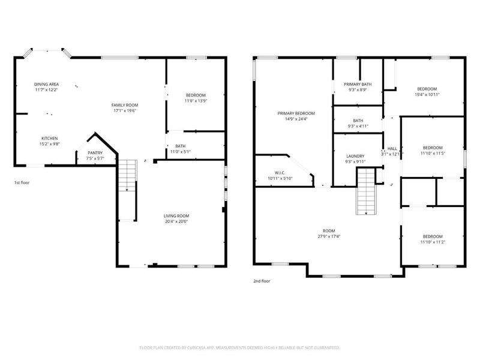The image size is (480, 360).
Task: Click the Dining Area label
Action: click(x=47, y=84)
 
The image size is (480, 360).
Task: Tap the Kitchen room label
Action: click(x=50, y=139)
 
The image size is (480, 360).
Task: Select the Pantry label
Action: click(x=95, y=153)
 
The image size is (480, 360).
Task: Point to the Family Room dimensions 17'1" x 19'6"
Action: click(x=125, y=111)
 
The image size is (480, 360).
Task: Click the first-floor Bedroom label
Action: click(x=196, y=95)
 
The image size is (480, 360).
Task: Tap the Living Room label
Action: click(x=176, y=216)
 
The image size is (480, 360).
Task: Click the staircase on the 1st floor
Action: click(x=127, y=175)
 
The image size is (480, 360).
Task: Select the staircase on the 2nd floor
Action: click(x=366, y=191)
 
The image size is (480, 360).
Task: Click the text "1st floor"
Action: click(x=22, y=183)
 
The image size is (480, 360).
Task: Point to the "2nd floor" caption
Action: click(x=262, y=281)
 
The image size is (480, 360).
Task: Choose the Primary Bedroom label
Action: click(x=296, y=113)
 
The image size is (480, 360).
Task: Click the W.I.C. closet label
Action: click(x=280, y=173)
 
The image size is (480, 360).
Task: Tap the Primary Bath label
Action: click(x=358, y=85)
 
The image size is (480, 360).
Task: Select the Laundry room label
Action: click(x=355, y=156)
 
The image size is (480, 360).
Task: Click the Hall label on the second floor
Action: click(x=392, y=149)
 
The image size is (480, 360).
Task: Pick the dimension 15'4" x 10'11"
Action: click(x=427, y=95)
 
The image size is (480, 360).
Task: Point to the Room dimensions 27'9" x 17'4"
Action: click(x=329, y=236)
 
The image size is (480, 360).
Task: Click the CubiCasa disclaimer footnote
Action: click(x=239, y=348)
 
